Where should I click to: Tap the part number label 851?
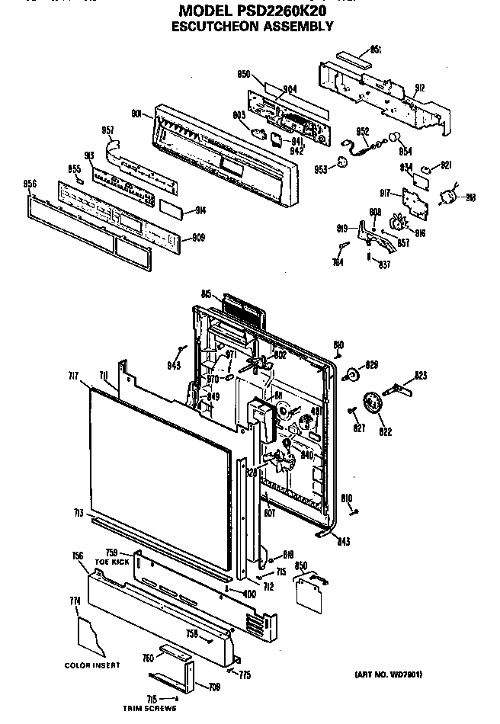click(376, 50)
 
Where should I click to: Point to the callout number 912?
click(420, 88)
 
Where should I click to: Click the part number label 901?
click(138, 114)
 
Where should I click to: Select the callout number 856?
click(30, 184)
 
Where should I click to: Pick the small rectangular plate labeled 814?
click(168, 207)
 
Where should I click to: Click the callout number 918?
click(470, 197)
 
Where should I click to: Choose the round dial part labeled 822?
click(371, 403)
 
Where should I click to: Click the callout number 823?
click(420, 375)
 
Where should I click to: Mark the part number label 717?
click(72, 375)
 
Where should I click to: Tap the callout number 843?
click(344, 542)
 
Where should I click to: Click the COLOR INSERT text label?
click(92, 665)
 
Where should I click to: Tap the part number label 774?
click(75, 601)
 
